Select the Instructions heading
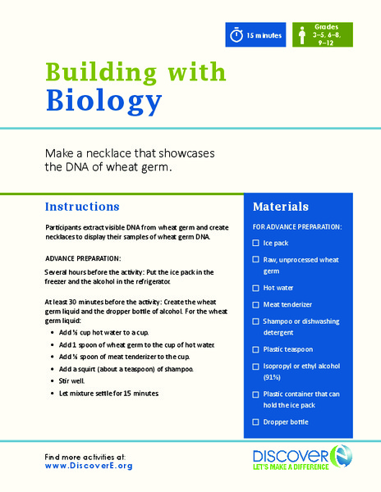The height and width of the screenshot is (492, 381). [82, 207]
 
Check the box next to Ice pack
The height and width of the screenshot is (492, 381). [256, 244]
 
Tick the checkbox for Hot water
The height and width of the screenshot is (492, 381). [256, 288]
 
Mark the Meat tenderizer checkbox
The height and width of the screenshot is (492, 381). [256, 303]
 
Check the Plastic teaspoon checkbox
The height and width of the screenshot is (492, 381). [256, 348]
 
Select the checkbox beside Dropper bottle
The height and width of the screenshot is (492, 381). [256, 421]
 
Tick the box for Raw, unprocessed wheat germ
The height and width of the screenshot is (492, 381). [256, 260]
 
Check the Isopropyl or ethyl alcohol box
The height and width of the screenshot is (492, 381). [256, 366]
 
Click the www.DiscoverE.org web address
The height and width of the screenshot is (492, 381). [89, 466]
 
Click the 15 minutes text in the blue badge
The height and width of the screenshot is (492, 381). [265, 36]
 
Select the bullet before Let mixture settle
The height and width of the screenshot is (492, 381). [53, 394]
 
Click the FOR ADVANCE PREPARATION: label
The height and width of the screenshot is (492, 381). [296, 225]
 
